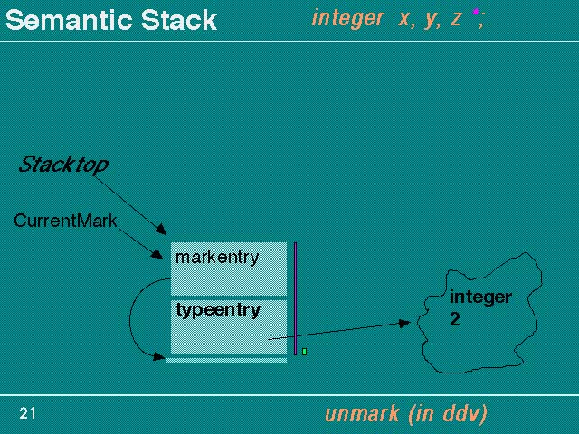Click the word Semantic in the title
[x=70, y=20]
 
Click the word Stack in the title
[x=179, y=20]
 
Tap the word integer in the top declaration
[x=347, y=19]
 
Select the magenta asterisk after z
[x=476, y=12]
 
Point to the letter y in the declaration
[x=431, y=20]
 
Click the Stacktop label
[x=63, y=165]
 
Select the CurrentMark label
[x=65, y=221]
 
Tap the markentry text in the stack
[x=217, y=258]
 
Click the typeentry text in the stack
[x=218, y=310]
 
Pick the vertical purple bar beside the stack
[x=296, y=298]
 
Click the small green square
[x=304, y=352]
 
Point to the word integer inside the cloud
[x=480, y=297]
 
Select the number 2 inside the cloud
[x=455, y=319]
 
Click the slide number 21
[x=27, y=413]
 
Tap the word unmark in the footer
[x=362, y=414]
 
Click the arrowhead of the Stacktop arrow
[x=162, y=230]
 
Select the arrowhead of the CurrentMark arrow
[x=157, y=254]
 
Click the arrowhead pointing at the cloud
[x=405, y=324]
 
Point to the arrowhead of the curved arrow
[x=159, y=356]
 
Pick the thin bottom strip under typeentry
[x=227, y=361]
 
